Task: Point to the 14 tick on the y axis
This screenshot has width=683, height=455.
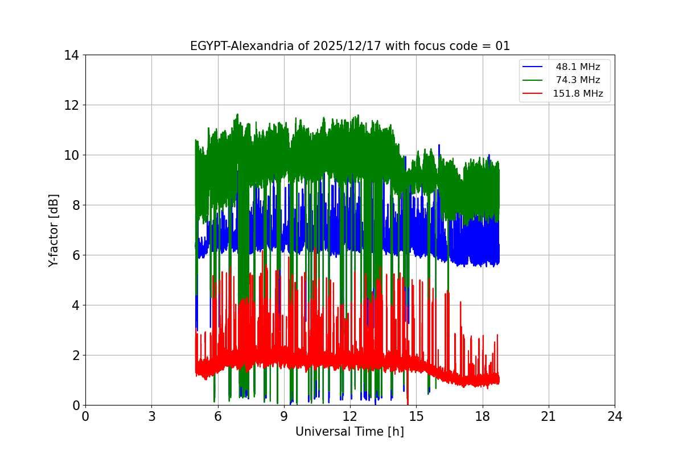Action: (71, 55)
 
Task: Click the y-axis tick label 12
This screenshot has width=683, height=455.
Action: (71, 105)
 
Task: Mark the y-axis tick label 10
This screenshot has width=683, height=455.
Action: (71, 155)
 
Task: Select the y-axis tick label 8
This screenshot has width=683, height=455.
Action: (75, 205)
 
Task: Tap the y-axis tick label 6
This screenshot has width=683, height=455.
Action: (75, 255)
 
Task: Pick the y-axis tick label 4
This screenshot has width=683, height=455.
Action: (75, 305)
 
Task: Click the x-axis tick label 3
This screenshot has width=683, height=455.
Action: (151, 417)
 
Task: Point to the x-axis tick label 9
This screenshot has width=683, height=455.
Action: (284, 417)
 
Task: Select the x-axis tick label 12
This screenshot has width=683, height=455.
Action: (350, 417)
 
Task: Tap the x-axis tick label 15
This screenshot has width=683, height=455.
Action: (416, 417)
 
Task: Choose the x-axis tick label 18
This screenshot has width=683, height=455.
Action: (483, 417)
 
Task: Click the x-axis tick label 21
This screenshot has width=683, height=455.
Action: (549, 417)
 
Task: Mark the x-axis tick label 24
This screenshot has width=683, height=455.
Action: (615, 417)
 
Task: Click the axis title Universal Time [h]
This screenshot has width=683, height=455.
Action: (349, 432)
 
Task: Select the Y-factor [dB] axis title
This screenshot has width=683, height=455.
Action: (54, 230)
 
